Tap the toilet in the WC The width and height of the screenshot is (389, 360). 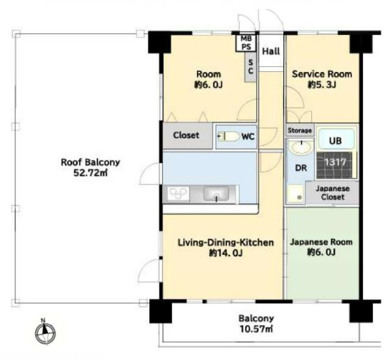(228, 136)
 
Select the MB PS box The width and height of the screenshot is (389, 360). (246, 43)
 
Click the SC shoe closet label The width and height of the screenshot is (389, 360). (250, 67)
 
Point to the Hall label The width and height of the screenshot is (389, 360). (271, 51)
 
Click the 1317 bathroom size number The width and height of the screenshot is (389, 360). (335, 162)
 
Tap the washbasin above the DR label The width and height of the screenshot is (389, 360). (301, 147)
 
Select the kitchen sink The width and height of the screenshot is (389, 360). (216, 194)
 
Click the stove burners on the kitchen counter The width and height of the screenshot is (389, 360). (178, 193)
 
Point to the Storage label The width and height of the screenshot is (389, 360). (300, 130)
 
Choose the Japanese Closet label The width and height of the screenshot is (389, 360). (333, 193)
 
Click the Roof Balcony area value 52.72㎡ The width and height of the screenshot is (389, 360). (91, 173)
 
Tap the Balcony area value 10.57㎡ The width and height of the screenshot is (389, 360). (256, 329)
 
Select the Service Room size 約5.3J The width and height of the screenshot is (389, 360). (322, 85)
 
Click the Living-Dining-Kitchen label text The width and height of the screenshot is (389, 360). (226, 243)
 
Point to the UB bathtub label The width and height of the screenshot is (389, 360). (335, 141)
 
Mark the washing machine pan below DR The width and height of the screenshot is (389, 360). (295, 194)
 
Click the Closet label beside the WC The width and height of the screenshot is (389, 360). (186, 135)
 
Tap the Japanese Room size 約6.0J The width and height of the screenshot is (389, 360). (322, 252)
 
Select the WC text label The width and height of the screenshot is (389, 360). (248, 136)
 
